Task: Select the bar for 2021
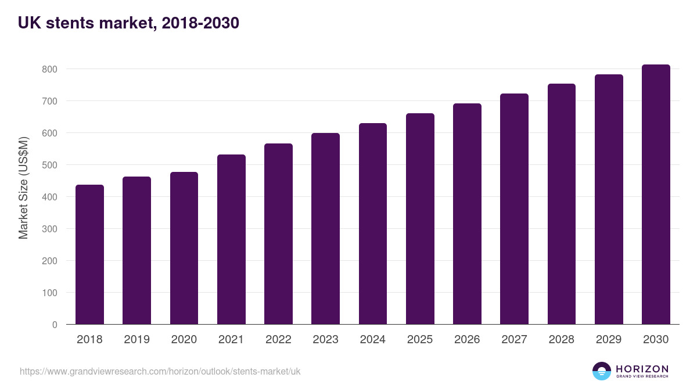click(231, 239)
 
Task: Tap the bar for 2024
click(373, 224)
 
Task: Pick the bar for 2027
click(514, 209)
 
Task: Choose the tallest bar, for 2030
click(656, 195)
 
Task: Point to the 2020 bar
click(184, 248)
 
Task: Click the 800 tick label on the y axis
click(50, 69)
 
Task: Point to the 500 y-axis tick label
click(50, 165)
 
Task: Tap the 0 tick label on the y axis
click(55, 325)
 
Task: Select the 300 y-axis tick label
click(50, 229)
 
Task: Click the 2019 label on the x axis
click(136, 340)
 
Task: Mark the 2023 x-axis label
click(325, 340)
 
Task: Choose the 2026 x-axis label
click(467, 340)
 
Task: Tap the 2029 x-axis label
click(609, 340)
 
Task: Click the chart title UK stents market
click(128, 23)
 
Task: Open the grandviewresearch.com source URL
click(160, 371)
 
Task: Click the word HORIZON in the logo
click(642, 369)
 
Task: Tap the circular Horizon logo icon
click(602, 371)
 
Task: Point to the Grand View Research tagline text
click(642, 377)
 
